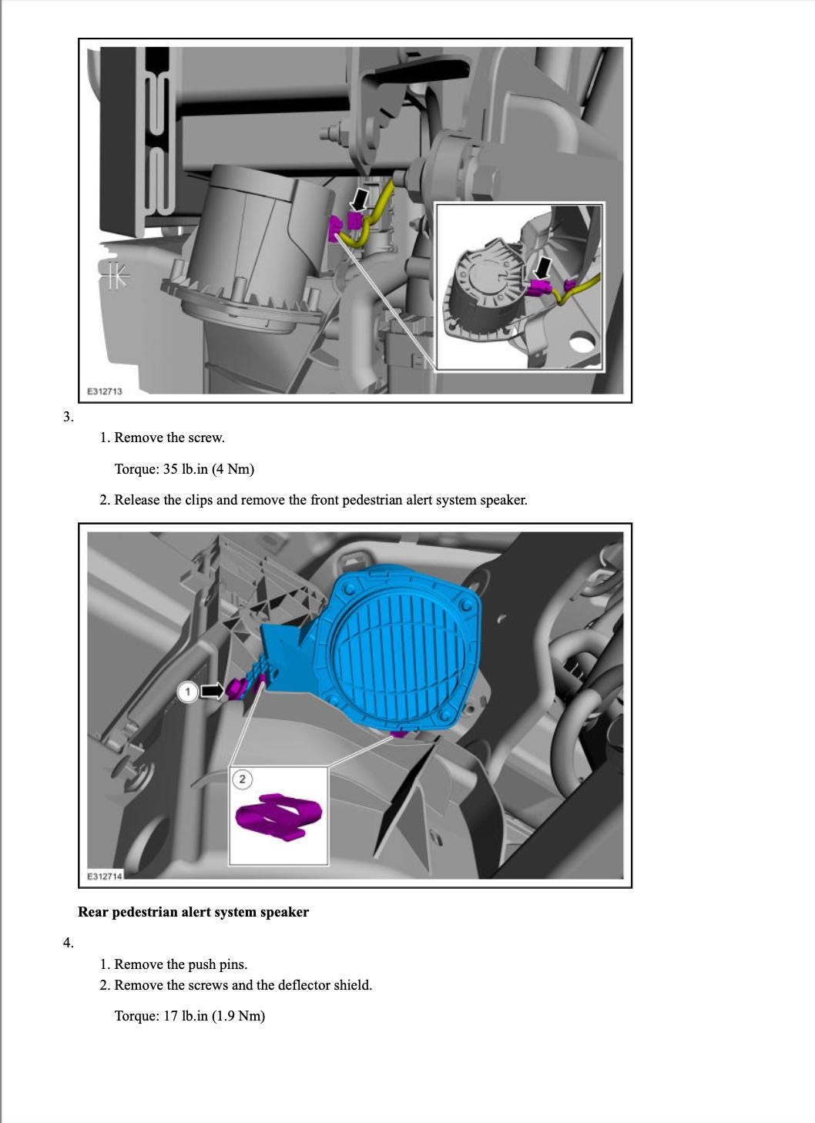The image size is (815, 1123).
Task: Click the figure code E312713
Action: pos(104,391)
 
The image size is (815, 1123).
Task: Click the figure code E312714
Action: pos(104,877)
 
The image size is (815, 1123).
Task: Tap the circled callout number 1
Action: pos(187,692)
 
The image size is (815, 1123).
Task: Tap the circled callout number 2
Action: pos(242,779)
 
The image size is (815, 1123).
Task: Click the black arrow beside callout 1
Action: pos(212,691)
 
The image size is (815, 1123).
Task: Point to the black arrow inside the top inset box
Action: pos(543,268)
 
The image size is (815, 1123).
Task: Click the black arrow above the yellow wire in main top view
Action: pos(359,199)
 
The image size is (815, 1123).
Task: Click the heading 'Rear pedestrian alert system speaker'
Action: pos(193,912)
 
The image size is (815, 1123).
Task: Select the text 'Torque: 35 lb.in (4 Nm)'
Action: pos(184,469)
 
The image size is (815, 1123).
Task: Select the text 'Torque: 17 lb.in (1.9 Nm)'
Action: pos(189,1016)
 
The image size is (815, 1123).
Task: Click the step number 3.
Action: pos(68,417)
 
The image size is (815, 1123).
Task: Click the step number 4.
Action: pos(68,943)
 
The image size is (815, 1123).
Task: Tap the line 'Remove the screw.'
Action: pos(169,437)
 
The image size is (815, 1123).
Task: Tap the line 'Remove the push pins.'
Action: pos(180,964)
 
